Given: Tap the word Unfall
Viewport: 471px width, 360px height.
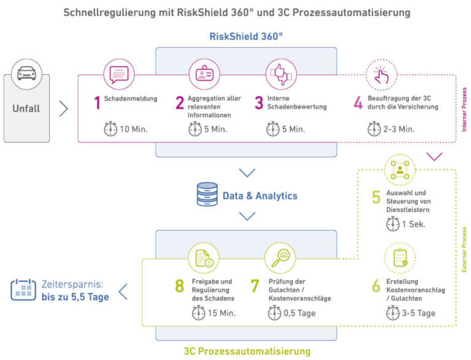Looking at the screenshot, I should (26, 109).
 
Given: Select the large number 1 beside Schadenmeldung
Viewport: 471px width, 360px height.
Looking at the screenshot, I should (97, 102).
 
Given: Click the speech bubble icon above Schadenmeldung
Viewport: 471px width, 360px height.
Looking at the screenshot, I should (118, 75).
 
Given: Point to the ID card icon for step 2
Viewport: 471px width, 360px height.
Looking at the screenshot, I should (204, 75).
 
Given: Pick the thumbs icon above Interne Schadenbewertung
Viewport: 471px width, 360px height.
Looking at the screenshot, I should (281, 75).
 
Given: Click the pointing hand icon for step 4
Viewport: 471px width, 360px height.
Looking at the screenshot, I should (381, 75).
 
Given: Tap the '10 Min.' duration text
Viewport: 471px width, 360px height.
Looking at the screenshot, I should (133, 129).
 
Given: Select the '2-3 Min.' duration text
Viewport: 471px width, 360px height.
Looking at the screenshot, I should (399, 129).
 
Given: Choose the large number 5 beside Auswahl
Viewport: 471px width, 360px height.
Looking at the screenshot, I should (376, 197).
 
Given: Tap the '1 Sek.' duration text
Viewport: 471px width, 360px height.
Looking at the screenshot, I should (415, 224).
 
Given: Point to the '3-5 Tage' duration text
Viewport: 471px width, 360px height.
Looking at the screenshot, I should (419, 313).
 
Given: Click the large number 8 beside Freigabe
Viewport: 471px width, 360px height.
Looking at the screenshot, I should (179, 286).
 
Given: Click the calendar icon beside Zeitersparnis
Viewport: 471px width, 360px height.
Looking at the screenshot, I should (23, 289).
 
